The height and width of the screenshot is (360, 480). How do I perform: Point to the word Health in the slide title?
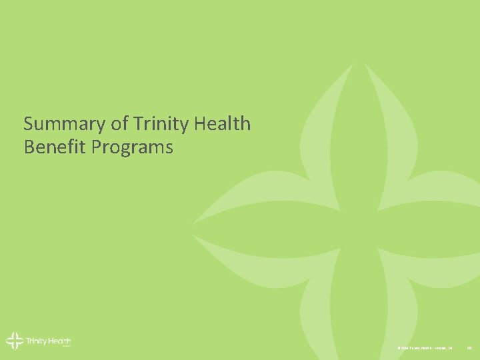223,124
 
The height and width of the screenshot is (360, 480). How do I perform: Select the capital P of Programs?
97,147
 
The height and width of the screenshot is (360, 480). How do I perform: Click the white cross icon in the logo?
14,341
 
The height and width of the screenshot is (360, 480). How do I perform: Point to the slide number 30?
469,348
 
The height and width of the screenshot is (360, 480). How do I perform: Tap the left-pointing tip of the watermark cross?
195,221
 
